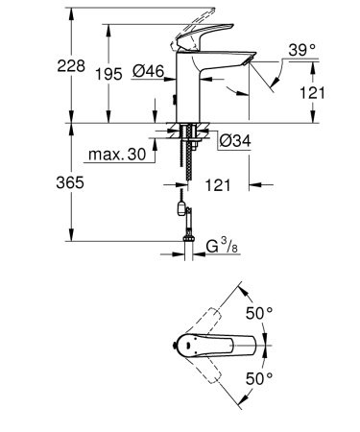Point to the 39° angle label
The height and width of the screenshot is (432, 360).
(x=300, y=50)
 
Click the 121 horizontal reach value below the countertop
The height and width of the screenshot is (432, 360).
(x=220, y=180)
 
